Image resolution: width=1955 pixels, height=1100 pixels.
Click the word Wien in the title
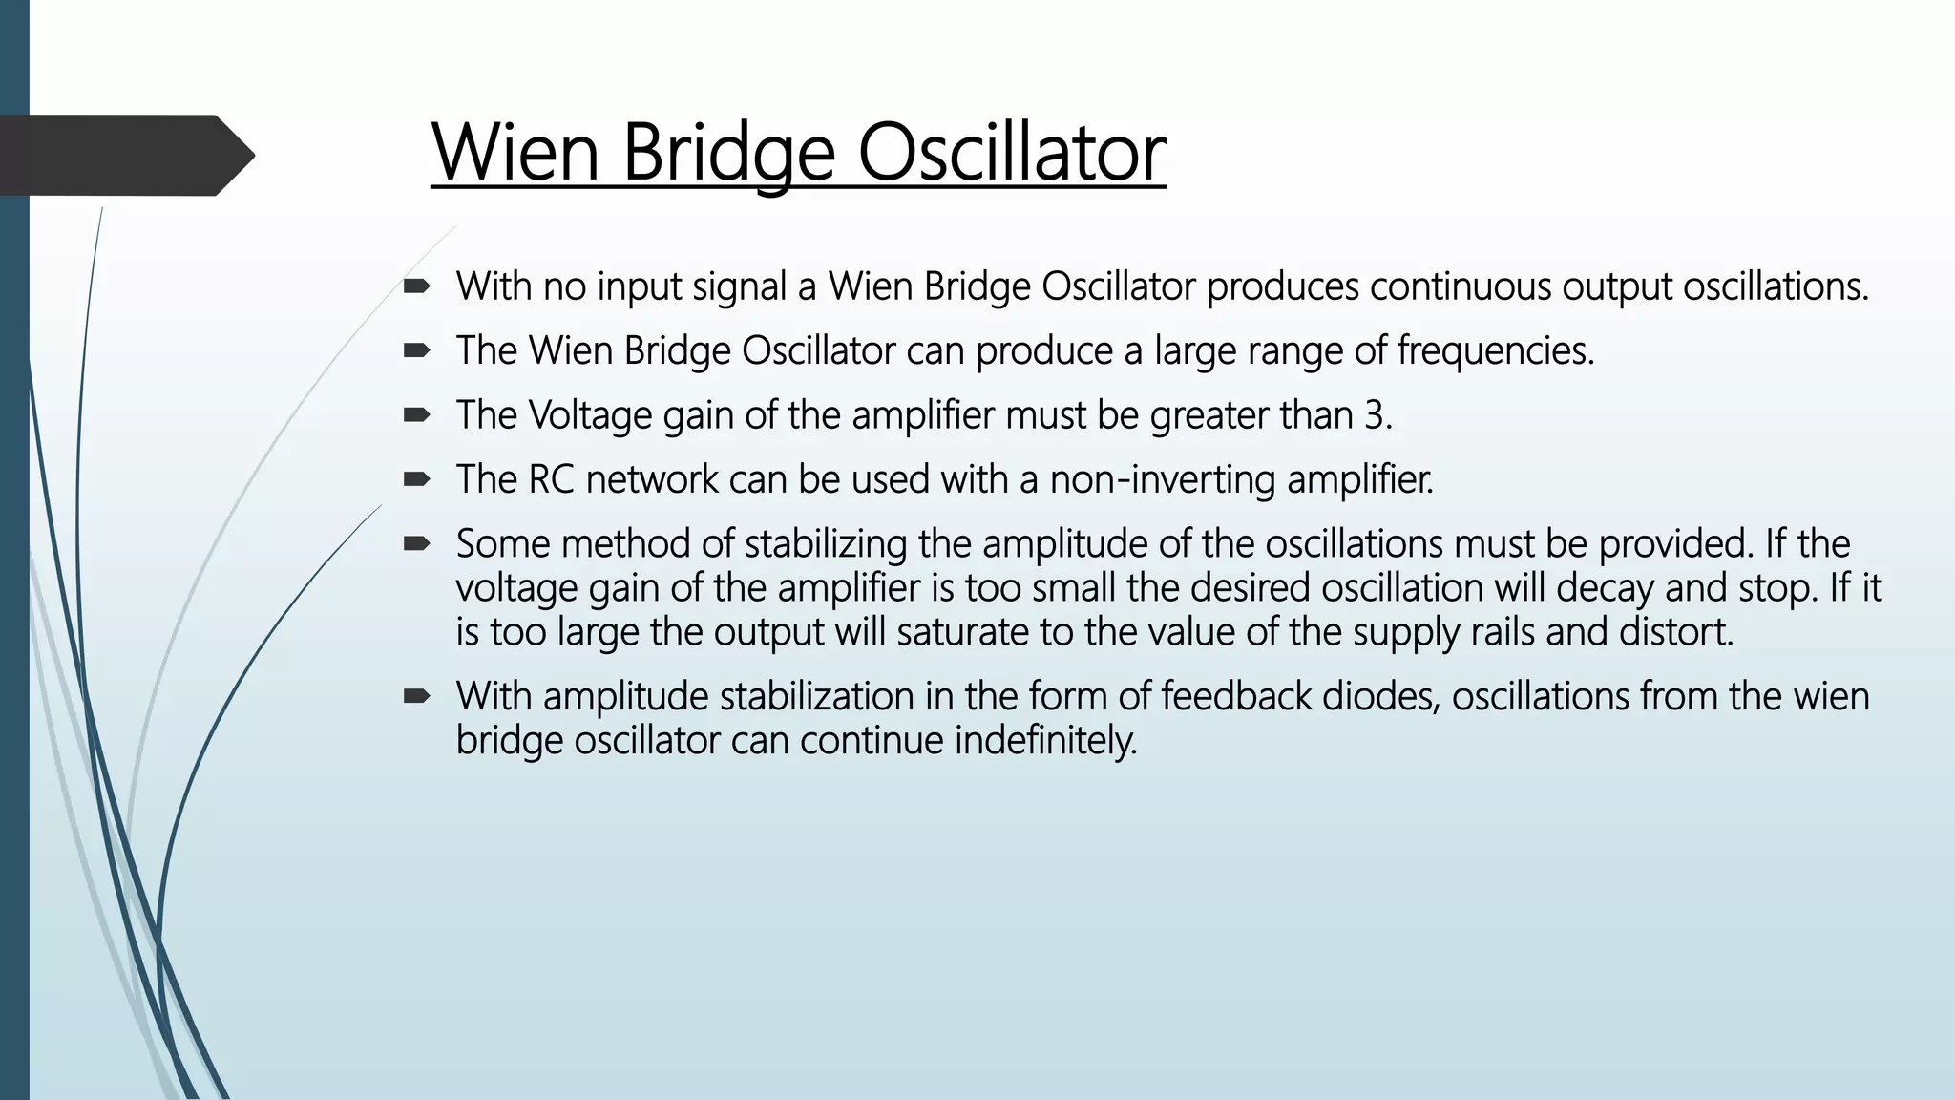pyautogui.click(x=515, y=153)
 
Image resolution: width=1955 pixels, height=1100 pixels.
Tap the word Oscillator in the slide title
pyautogui.click(x=1011, y=153)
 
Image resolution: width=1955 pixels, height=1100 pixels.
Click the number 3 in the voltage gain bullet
pyautogui.click(x=1376, y=415)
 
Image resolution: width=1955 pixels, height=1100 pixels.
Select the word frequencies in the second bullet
pyautogui.click(x=1494, y=351)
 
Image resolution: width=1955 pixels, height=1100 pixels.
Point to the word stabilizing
pyautogui.click(x=826, y=544)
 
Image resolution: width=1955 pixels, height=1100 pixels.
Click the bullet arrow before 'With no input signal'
pyautogui.click(x=416, y=286)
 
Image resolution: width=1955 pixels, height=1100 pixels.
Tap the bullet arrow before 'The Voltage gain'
pyautogui.click(x=416, y=414)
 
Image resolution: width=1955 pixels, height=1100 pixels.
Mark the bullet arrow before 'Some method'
pyautogui.click(x=416, y=543)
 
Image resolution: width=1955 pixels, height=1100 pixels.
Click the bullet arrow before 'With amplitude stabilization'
pyautogui.click(x=416, y=695)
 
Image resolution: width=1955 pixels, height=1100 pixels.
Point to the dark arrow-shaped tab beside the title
pyautogui.click(x=124, y=155)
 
